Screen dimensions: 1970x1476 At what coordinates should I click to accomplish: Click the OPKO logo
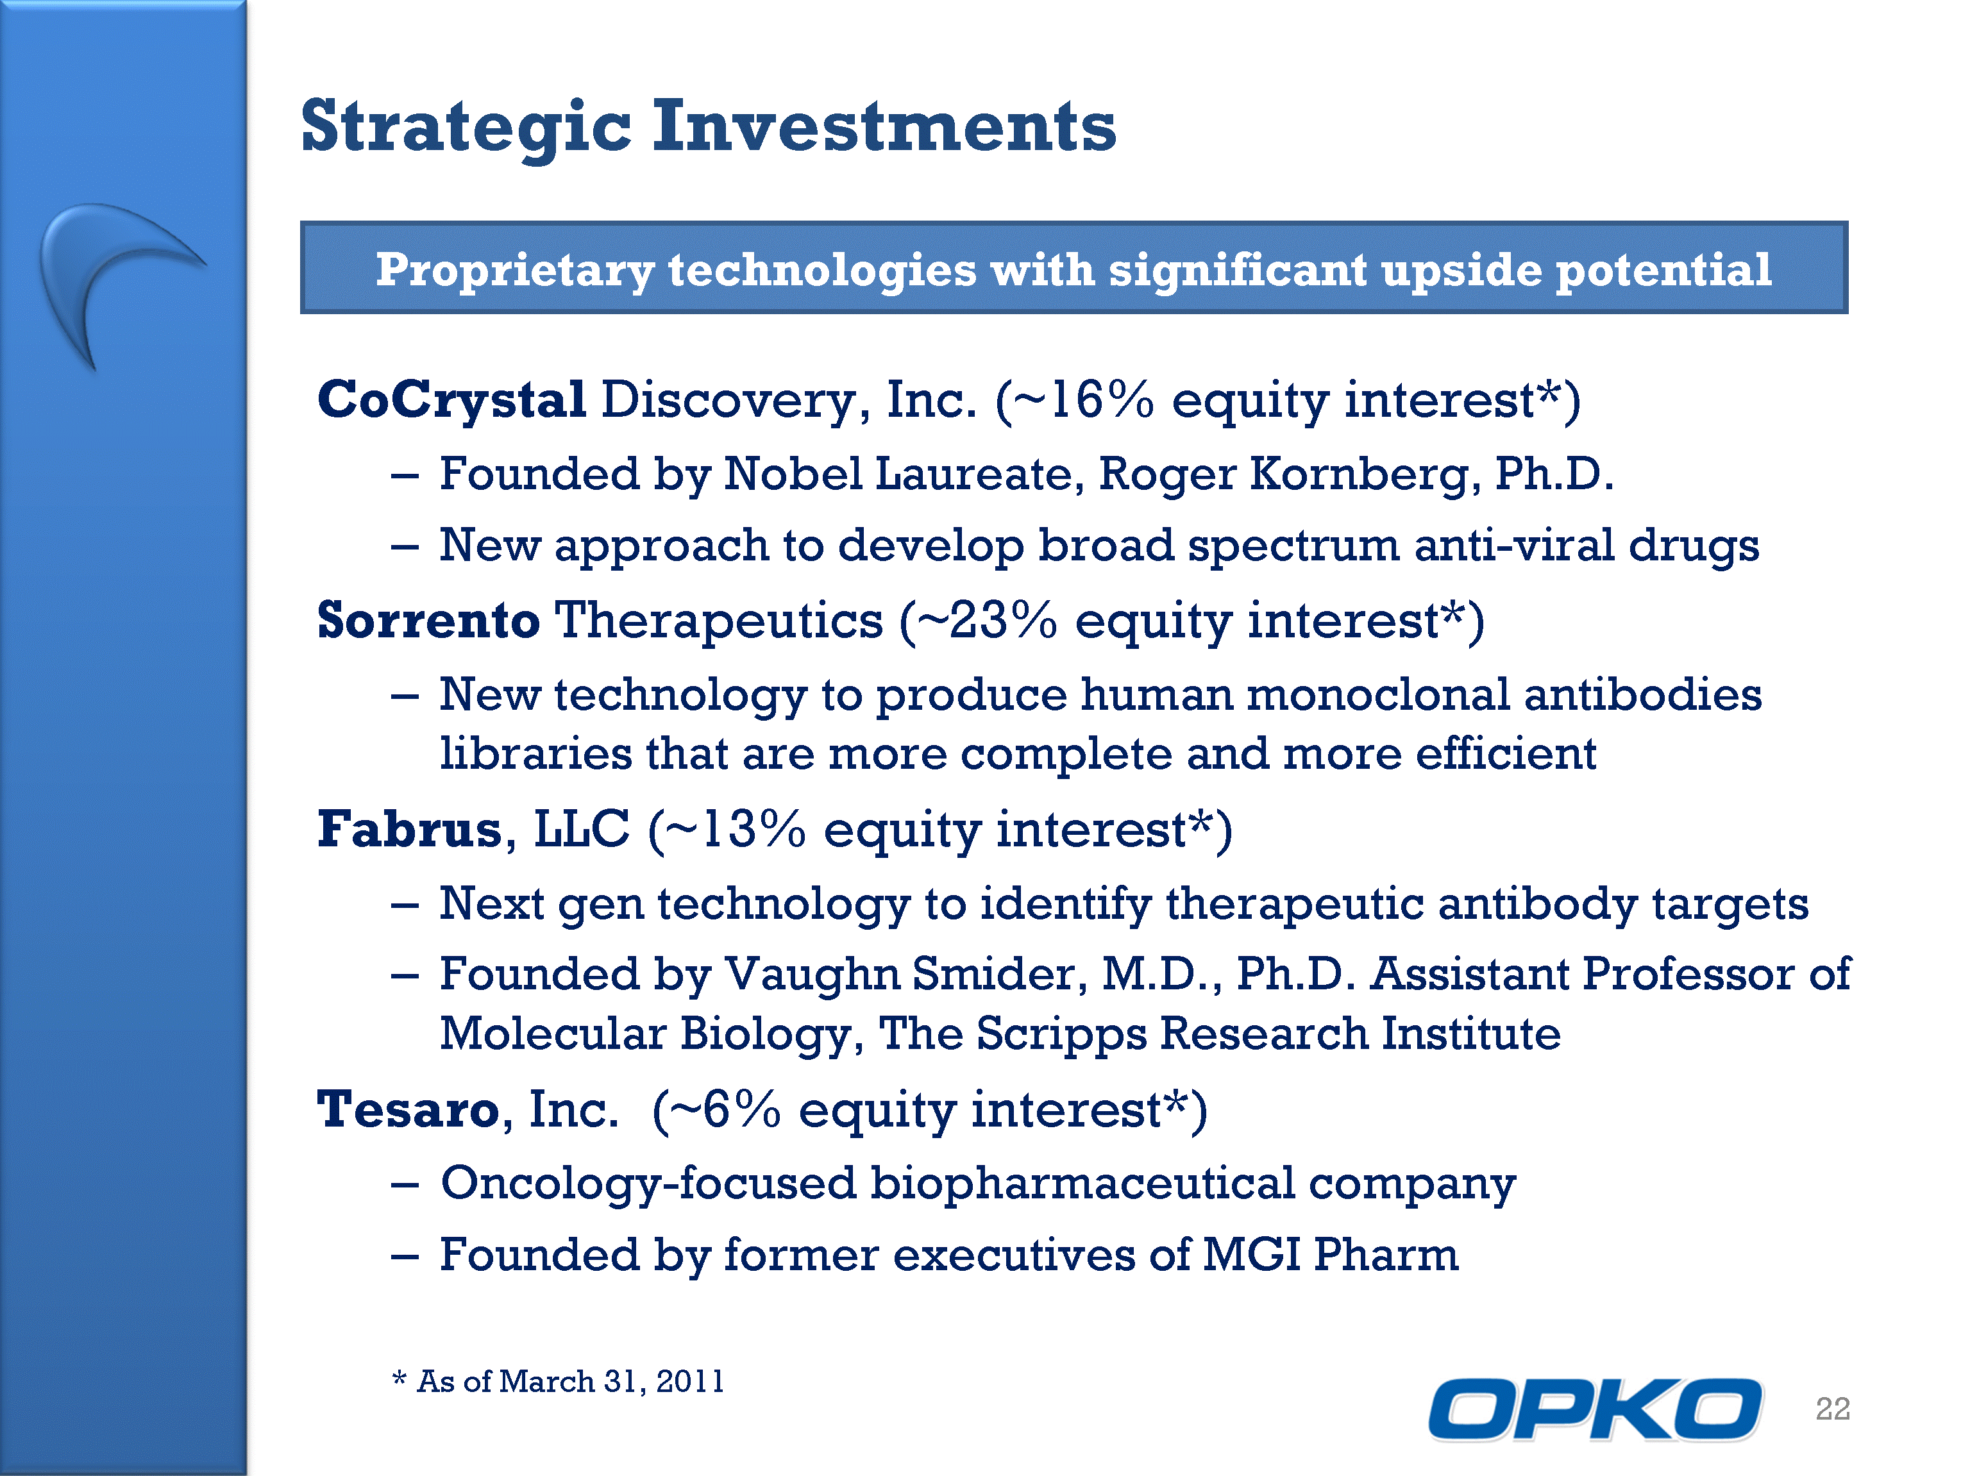click(x=1595, y=1408)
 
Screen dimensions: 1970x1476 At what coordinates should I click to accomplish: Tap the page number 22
click(x=1833, y=1408)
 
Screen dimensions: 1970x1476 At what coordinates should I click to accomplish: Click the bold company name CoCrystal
click(x=451, y=399)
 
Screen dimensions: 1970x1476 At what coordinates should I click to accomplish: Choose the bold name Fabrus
click(x=410, y=829)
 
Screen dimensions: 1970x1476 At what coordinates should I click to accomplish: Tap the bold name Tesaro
click(x=408, y=1109)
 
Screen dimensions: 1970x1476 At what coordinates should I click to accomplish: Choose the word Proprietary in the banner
click(x=515, y=270)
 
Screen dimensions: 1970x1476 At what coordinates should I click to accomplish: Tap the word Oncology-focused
click(x=648, y=1185)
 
